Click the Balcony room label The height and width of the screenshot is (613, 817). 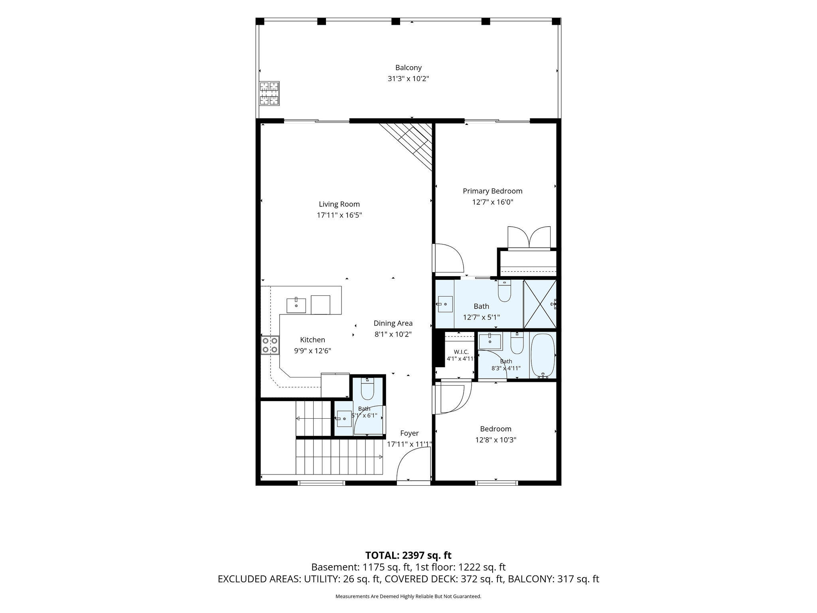click(x=408, y=68)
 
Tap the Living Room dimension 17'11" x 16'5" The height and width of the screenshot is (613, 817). click(x=339, y=215)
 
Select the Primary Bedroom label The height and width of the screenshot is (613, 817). click(x=492, y=191)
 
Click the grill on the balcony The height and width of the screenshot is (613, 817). click(x=269, y=93)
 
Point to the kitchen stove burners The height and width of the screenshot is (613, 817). click(x=270, y=346)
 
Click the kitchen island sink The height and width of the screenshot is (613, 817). click(x=296, y=305)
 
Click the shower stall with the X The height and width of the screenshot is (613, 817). click(x=540, y=304)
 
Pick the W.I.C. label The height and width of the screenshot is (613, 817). click(x=461, y=352)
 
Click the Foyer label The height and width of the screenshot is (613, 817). click(x=409, y=433)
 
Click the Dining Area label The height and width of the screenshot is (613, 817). click(x=393, y=323)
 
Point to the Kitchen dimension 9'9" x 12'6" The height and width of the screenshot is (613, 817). click(x=313, y=351)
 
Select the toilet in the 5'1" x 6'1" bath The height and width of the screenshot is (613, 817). click(x=367, y=389)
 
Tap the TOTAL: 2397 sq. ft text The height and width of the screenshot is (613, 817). click(x=408, y=555)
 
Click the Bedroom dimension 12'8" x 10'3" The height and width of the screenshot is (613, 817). click(x=496, y=440)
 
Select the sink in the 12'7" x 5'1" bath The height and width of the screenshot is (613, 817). click(x=445, y=305)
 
